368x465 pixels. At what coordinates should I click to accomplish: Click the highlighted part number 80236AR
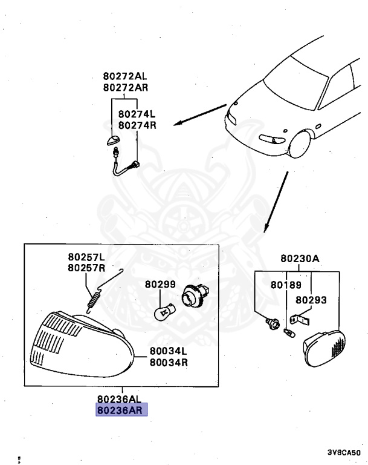point(121,410)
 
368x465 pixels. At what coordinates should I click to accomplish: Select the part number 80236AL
point(121,399)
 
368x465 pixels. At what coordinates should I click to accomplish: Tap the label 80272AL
point(124,77)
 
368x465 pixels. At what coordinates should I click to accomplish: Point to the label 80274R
point(137,125)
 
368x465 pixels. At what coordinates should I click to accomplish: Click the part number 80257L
point(86,257)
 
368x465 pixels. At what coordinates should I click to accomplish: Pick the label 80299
point(160,283)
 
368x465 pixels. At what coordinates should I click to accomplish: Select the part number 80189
point(283,284)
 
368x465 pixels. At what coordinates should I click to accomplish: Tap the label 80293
point(311,299)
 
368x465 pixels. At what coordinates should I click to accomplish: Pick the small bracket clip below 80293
point(300,318)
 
